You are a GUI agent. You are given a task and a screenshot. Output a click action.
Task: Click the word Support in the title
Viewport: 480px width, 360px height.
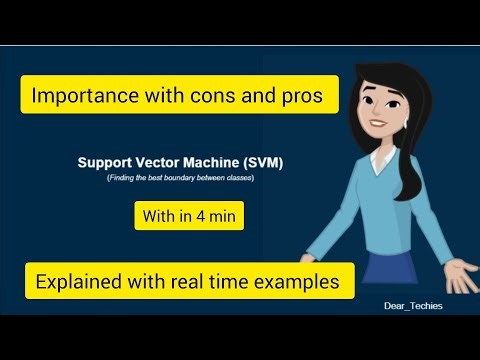pyautogui.click(x=103, y=161)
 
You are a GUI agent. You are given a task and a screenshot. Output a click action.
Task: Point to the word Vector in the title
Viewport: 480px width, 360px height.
pyautogui.click(x=161, y=161)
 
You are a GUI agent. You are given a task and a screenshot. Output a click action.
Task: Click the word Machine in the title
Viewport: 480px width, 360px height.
pyautogui.click(x=219, y=161)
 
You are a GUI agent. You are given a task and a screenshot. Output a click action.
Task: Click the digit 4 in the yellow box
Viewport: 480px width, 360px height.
pyautogui.click(x=208, y=215)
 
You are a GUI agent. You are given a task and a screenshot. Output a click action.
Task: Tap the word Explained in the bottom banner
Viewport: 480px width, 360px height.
pyautogui.click(x=83, y=281)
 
